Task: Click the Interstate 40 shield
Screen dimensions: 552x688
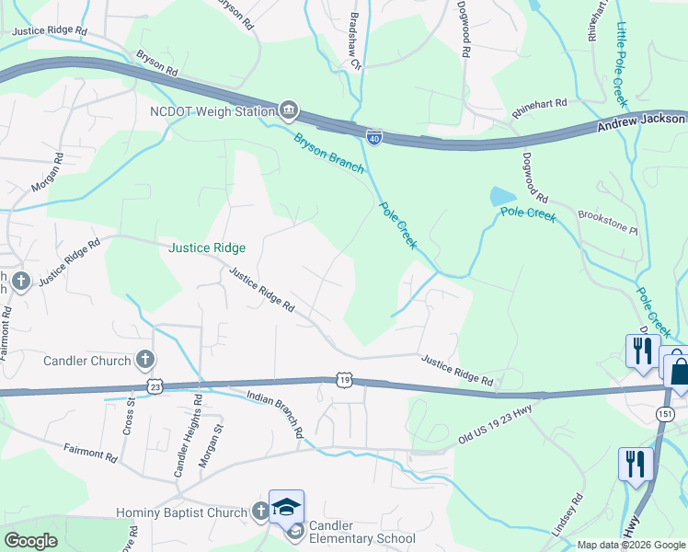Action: pyautogui.click(x=374, y=137)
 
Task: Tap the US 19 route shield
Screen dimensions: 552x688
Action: pyautogui.click(x=343, y=379)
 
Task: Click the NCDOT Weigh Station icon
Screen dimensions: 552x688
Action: pyautogui.click(x=288, y=111)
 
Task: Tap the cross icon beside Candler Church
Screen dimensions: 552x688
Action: pyautogui.click(x=144, y=360)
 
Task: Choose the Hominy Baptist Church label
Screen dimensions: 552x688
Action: pyautogui.click(x=181, y=512)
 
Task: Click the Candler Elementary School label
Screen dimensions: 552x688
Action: pyautogui.click(x=361, y=532)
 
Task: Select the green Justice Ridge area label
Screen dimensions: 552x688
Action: pyautogui.click(x=207, y=248)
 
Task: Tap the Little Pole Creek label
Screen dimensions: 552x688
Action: pyautogui.click(x=622, y=63)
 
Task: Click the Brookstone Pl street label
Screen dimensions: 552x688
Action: pyautogui.click(x=607, y=221)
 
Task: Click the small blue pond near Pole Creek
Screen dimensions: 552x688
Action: pyautogui.click(x=502, y=196)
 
